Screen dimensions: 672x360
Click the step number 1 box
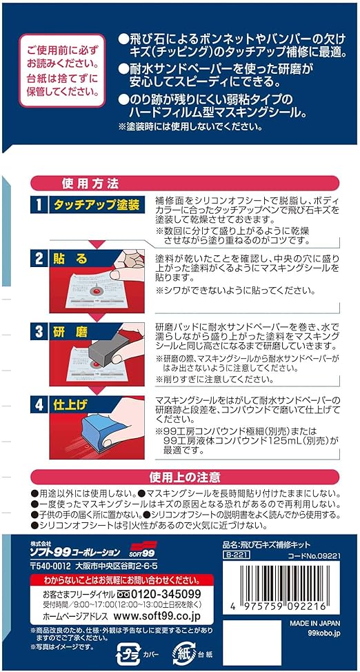click(x=39, y=205)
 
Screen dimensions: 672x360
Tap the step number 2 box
click(x=39, y=258)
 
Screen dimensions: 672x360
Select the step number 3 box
click(x=39, y=330)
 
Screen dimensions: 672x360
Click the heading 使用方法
click(x=90, y=184)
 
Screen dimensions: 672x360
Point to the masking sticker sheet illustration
click(x=97, y=286)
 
